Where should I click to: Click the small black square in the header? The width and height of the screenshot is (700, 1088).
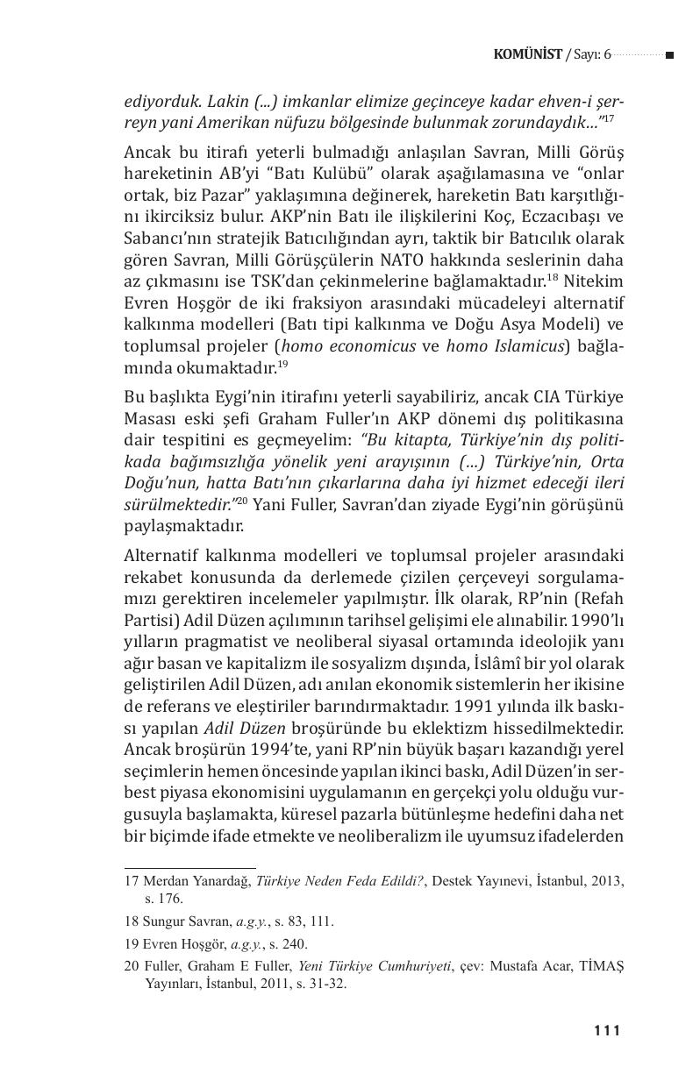click(x=669, y=55)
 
